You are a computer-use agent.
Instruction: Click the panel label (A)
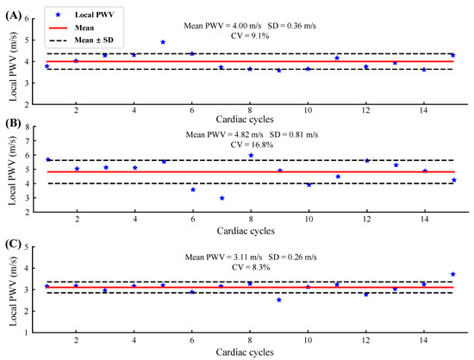12,12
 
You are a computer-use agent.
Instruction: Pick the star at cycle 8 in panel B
251,155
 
